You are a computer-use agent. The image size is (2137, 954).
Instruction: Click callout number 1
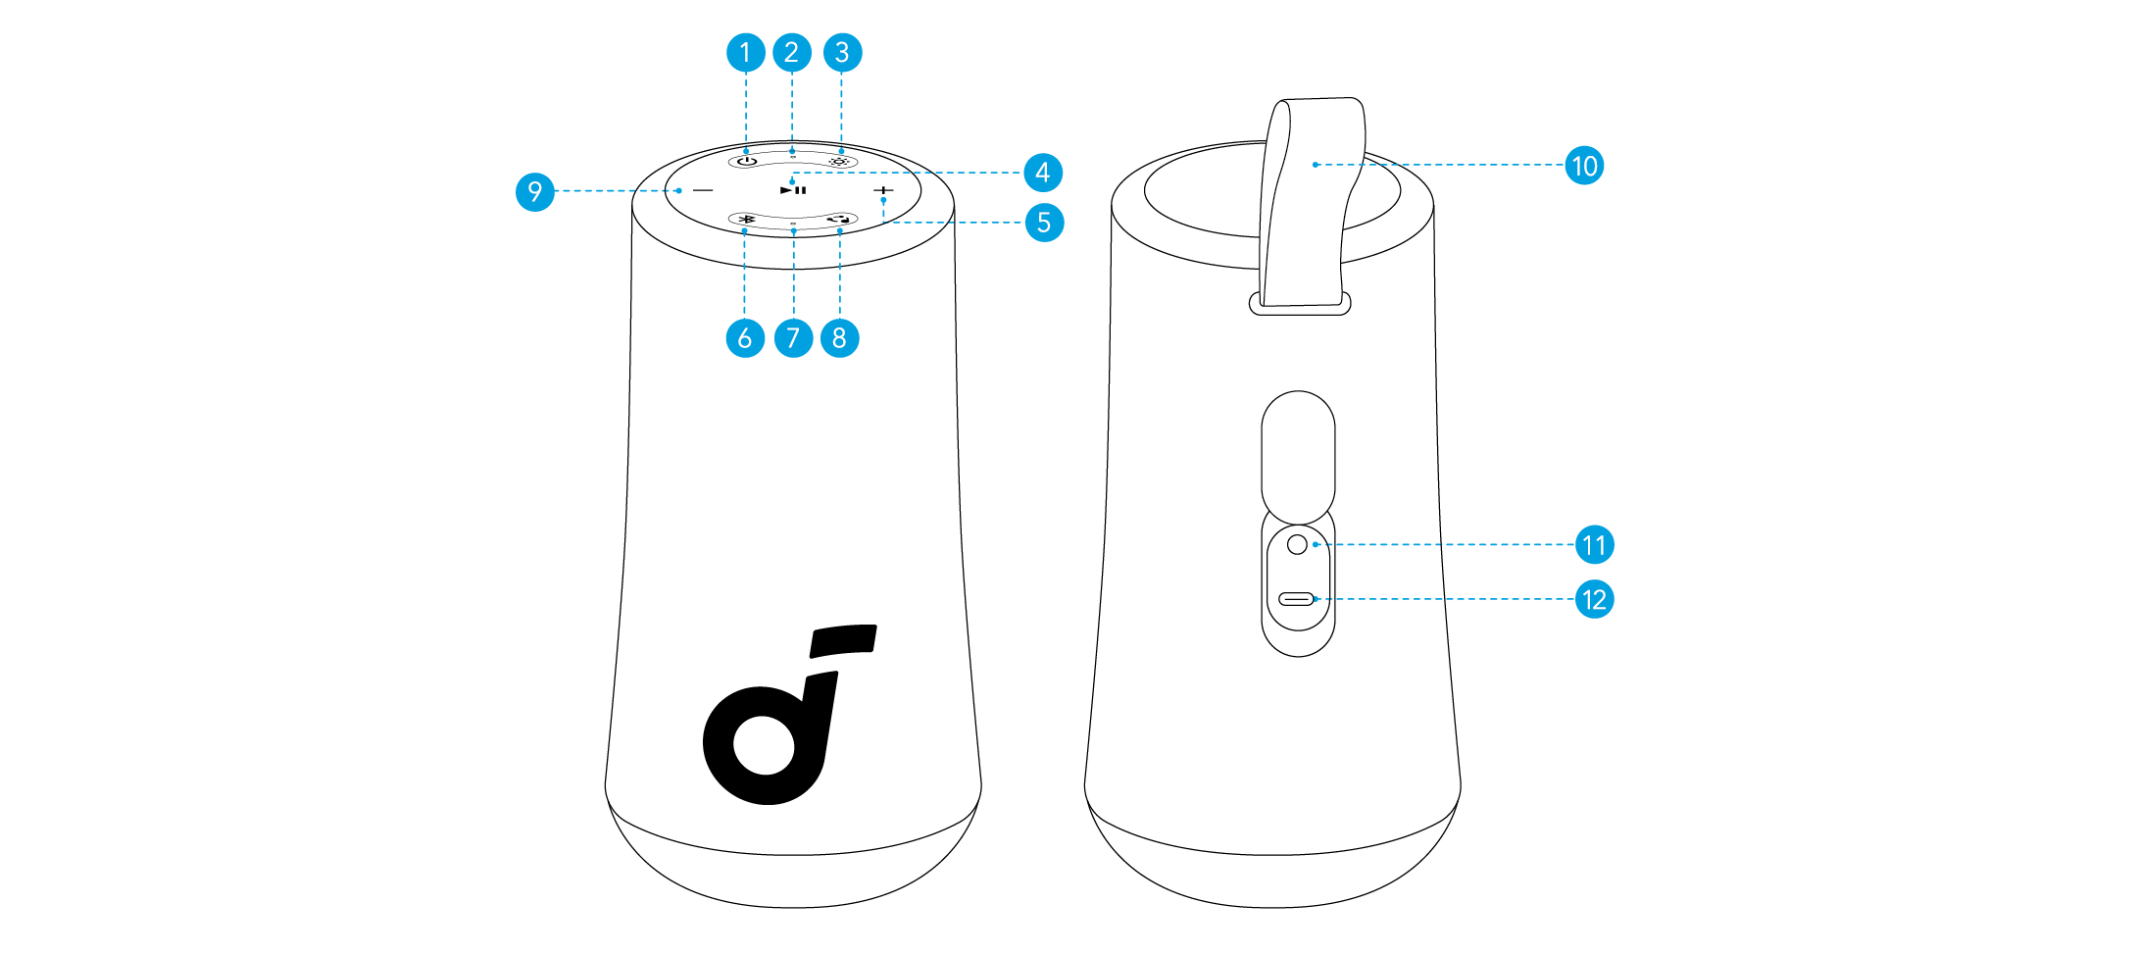[745, 52]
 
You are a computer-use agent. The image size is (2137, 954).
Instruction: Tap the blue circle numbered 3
[842, 52]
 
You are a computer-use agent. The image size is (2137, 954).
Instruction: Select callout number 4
[1042, 173]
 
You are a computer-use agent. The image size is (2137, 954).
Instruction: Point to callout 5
[1044, 223]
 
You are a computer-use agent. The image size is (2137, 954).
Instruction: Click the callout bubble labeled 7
[793, 338]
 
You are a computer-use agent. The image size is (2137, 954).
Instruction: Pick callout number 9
[534, 191]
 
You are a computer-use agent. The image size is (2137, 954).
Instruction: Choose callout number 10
[1584, 166]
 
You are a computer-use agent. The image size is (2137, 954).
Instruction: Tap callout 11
[1594, 545]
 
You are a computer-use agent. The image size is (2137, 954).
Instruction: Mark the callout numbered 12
[1594, 599]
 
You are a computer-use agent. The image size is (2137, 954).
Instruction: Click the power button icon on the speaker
[747, 161]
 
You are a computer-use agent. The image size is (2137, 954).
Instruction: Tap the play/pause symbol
[793, 190]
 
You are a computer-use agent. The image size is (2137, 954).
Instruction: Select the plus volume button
[884, 190]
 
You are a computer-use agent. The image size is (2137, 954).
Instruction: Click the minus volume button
[704, 190]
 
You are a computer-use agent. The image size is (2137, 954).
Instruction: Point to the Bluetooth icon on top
[747, 220]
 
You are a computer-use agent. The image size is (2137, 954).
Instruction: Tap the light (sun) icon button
[839, 161]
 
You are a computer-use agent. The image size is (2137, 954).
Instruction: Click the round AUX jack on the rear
[1297, 544]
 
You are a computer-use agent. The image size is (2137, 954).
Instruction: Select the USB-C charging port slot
[1296, 598]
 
